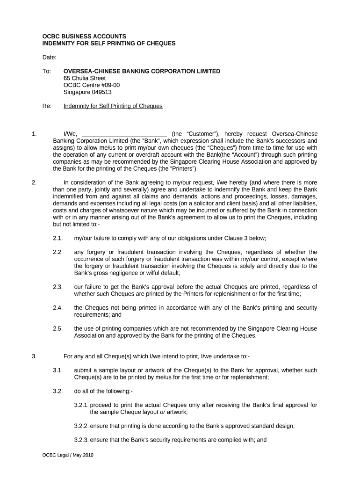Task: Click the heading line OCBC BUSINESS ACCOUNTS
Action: click(84, 36)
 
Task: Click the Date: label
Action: click(49, 57)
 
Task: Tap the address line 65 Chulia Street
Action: click(85, 78)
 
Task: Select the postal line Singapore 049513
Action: click(87, 92)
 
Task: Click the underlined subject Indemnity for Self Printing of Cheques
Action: click(113, 106)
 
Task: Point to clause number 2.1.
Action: click(58, 238)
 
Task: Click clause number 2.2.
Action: click(58, 252)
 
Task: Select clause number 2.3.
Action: click(58, 287)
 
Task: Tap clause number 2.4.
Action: click(58, 308)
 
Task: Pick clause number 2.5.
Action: click(58, 328)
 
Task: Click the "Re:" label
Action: click(47, 106)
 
